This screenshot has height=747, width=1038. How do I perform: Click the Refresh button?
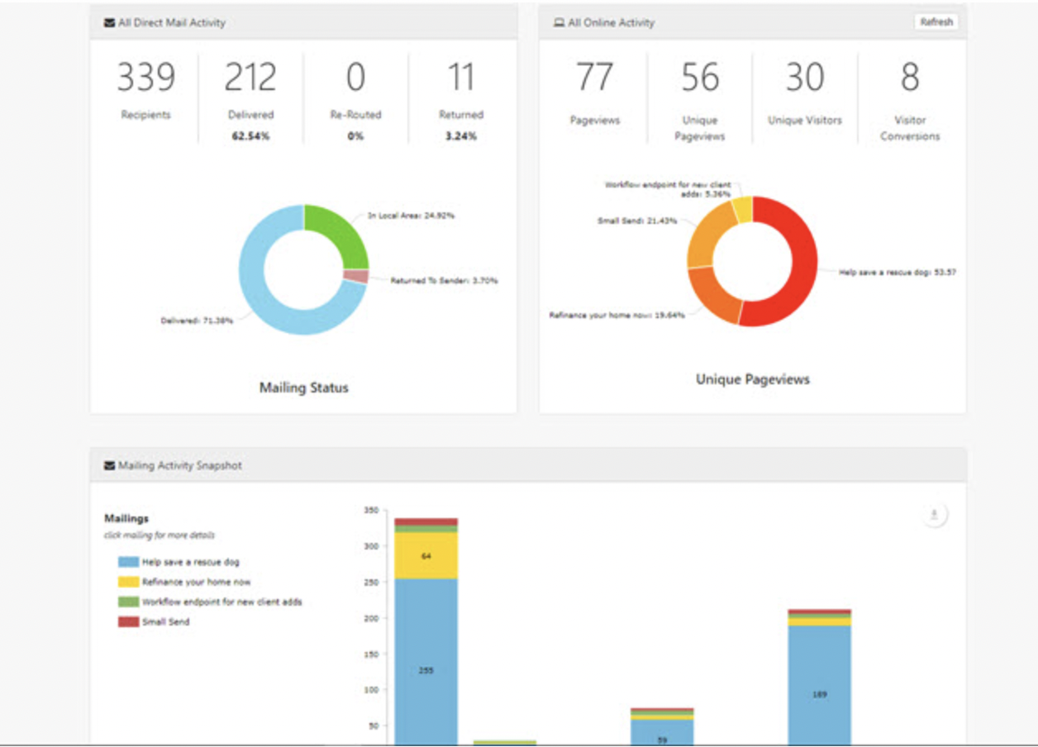pos(936,22)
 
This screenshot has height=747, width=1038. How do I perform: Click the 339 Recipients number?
pos(145,78)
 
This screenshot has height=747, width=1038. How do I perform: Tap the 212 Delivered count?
pos(250,78)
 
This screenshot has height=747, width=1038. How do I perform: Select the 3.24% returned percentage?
pos(460,136)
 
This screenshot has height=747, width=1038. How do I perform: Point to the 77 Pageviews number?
pos(594,78)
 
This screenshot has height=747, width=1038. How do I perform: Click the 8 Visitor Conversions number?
pos(909,78)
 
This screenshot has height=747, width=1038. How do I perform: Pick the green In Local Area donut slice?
pos(336,236)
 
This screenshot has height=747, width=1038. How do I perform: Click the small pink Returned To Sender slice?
pos(356,277)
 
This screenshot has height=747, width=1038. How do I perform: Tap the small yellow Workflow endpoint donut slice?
pos(742,210)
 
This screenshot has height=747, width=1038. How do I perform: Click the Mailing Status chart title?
pos(303,388)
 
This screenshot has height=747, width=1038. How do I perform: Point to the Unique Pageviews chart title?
pos(752,379)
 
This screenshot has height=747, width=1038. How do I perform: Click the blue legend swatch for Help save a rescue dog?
pos(128,562)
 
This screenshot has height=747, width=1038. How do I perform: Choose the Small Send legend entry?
pos(165,621)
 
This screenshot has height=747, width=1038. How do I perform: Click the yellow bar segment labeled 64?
pos(426,555)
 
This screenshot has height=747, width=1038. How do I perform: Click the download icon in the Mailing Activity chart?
pos(934,515)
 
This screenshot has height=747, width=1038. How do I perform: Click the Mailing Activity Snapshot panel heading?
pos(179,466)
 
